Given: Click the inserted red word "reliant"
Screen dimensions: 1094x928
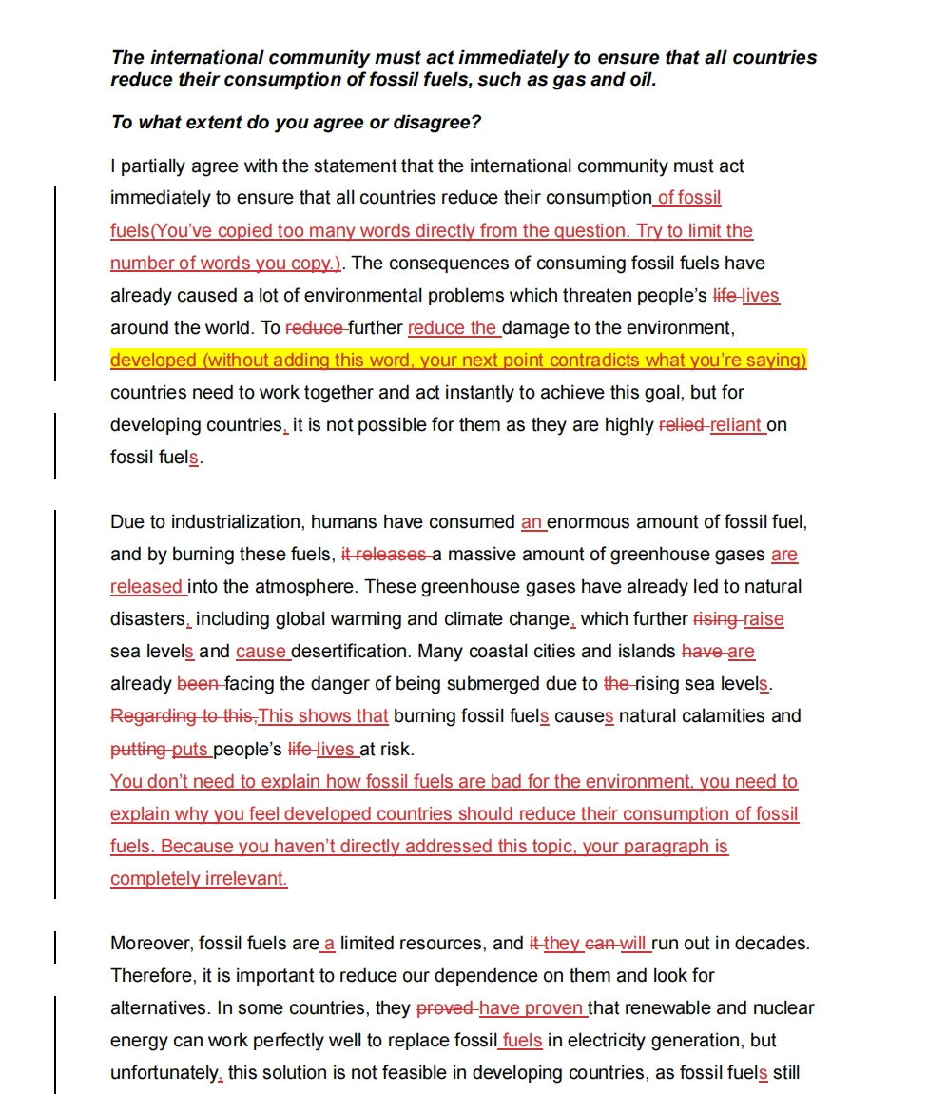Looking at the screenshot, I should tap(737, 425).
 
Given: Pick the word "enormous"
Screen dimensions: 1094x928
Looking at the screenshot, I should tap(588, 522).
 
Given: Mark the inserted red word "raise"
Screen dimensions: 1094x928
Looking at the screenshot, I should tap(764, 619).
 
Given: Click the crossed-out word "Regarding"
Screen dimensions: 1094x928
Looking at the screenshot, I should tap(150, 716).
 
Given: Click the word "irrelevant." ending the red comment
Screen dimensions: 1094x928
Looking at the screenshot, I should tap(245, 879).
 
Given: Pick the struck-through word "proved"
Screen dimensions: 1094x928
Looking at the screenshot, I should tap(444, 1008).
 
